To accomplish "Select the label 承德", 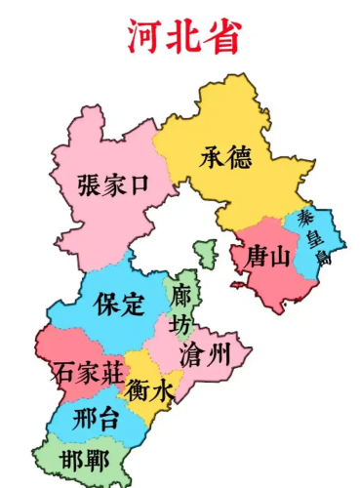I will point(226,157).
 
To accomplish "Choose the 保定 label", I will point(119,304).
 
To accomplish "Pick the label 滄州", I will point(205,355).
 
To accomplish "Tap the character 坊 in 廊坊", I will point(181,323).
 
